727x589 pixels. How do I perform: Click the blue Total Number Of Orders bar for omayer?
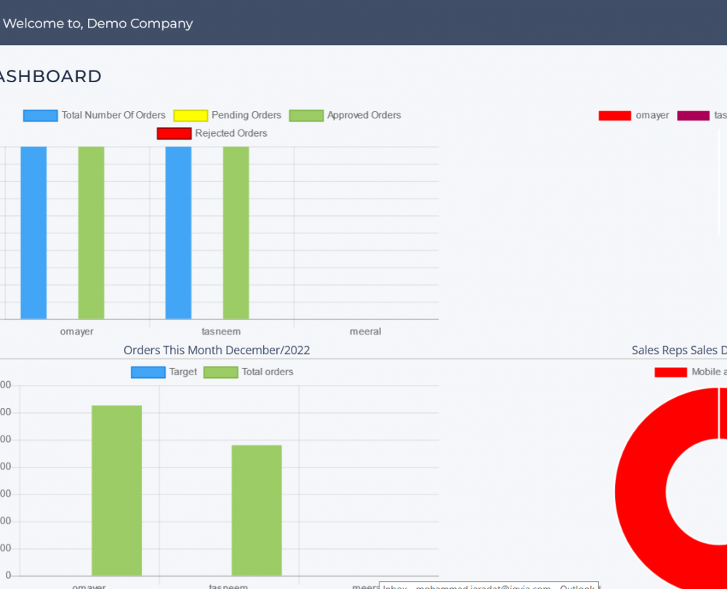[33, 233]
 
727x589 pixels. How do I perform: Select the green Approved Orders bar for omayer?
[91, 233]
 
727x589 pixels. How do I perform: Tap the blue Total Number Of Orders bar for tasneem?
[178, 233]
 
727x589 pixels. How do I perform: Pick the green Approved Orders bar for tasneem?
[236, 233]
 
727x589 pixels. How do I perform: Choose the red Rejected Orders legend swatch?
[174, 134]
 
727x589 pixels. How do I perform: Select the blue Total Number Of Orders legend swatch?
[40, 116]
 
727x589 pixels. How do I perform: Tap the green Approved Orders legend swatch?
[306, 116]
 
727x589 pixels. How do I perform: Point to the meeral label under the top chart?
[365, 332]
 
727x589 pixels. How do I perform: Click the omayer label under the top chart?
[76, 332]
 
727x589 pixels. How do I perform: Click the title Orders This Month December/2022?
[217, 350]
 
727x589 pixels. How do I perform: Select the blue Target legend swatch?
[148, 372]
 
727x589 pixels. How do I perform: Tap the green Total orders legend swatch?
[220, 372]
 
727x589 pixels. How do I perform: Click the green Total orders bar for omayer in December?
[116, 491]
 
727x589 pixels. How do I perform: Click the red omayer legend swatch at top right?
[614, 116]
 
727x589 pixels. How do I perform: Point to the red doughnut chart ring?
[640, 487]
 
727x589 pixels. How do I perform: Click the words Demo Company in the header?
[150, 23]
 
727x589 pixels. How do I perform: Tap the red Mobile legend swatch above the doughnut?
[670, 372]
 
